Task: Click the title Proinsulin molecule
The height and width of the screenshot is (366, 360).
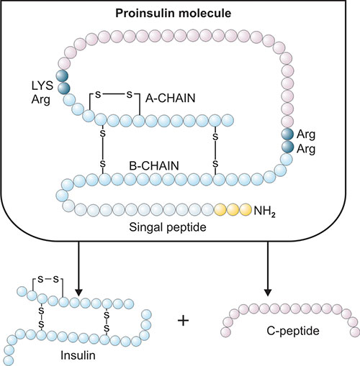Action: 174,14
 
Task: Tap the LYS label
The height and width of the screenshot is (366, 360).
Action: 42,86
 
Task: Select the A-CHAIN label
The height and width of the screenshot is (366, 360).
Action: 171,99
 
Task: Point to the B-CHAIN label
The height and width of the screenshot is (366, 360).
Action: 154,166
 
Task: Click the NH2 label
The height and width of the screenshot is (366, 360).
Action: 264,211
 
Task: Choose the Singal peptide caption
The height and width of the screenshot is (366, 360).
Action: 168,227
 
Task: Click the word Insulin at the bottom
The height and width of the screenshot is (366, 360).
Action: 78,355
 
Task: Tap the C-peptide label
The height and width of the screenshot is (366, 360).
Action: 293,331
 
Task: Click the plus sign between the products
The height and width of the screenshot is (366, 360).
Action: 184,321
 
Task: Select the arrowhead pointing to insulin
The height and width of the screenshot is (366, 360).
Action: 78,293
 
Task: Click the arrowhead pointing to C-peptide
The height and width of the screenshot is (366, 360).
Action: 268,293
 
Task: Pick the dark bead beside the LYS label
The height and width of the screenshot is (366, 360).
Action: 62,76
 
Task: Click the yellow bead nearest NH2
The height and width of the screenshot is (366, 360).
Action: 246,209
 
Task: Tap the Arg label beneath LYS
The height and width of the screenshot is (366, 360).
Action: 40,100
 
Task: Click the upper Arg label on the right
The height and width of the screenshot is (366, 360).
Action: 306,134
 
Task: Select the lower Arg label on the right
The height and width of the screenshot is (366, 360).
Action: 306,149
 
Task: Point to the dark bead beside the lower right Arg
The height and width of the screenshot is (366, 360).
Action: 288,147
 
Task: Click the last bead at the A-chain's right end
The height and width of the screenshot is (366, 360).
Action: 228,120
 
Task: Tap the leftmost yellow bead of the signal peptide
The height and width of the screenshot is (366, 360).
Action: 220,209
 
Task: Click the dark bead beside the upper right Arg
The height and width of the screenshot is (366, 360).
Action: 287,134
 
